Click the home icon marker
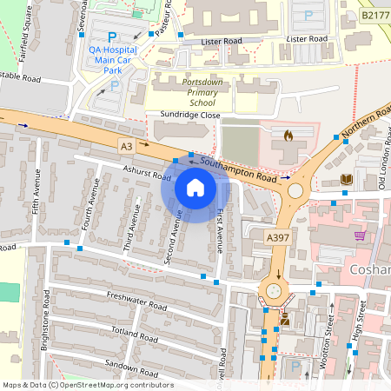click(195, 187)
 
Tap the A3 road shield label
click(127, 146)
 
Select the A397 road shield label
click(276, 237)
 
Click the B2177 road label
click(375, 15)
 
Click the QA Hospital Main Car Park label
click(113, 59)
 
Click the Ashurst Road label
click(148, 175)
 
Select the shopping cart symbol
click(359, 235)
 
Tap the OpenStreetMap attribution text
click(87, 385)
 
